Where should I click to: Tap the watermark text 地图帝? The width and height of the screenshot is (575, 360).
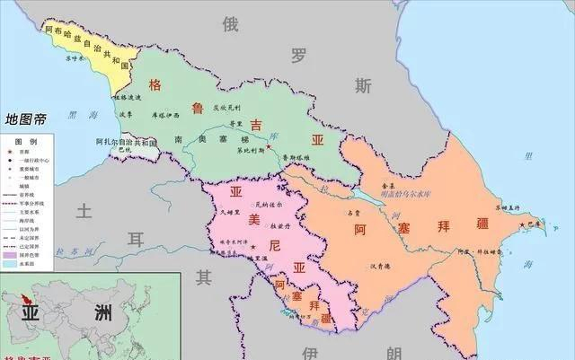[x=28, y=119]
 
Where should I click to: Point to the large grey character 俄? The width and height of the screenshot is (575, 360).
[x=231, y=25]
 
